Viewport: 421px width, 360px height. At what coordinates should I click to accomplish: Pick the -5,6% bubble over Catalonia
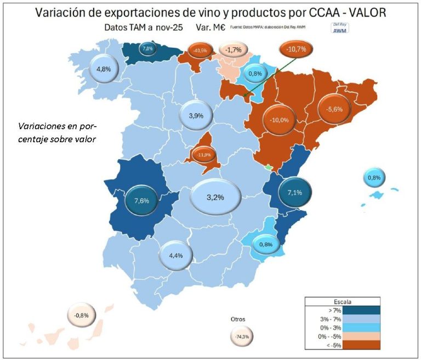tap(334, 109)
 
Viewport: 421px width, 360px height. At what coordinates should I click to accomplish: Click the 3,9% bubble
tap(196, 116)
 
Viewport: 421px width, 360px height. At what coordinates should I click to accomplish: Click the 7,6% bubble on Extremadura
tap(141, 200)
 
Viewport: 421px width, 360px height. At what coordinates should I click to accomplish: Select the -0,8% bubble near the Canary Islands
tap(81, 316)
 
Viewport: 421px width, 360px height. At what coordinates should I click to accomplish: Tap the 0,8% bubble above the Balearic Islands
tap(374, 178)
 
